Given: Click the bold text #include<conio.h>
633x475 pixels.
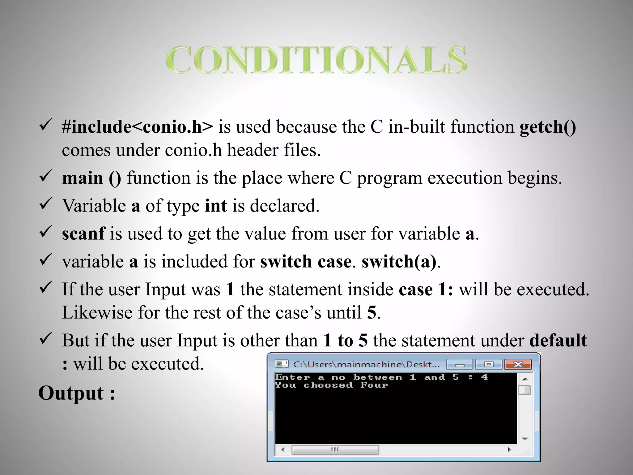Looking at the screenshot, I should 137,127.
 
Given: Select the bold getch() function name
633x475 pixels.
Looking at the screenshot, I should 548,127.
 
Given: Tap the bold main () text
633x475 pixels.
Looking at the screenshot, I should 91,178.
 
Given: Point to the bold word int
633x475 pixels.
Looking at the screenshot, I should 216,206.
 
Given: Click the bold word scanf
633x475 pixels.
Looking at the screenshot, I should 83,233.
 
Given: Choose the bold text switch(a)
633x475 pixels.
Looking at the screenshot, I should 399,262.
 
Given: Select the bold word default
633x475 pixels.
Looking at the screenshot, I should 558,340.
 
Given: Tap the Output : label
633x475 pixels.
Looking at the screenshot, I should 77,393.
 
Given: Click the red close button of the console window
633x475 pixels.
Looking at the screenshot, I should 518,365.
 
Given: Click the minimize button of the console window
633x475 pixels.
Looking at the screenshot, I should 460,365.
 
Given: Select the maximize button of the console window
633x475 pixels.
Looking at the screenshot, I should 489,365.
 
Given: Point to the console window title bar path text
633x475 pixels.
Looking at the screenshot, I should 366,365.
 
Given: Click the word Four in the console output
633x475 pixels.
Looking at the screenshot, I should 374,385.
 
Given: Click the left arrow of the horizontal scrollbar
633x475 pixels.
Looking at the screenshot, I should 283,450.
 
